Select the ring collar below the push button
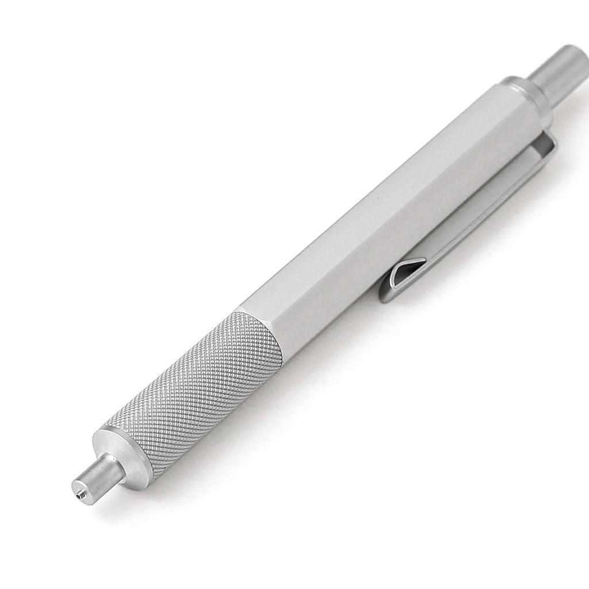coord(526,95)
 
